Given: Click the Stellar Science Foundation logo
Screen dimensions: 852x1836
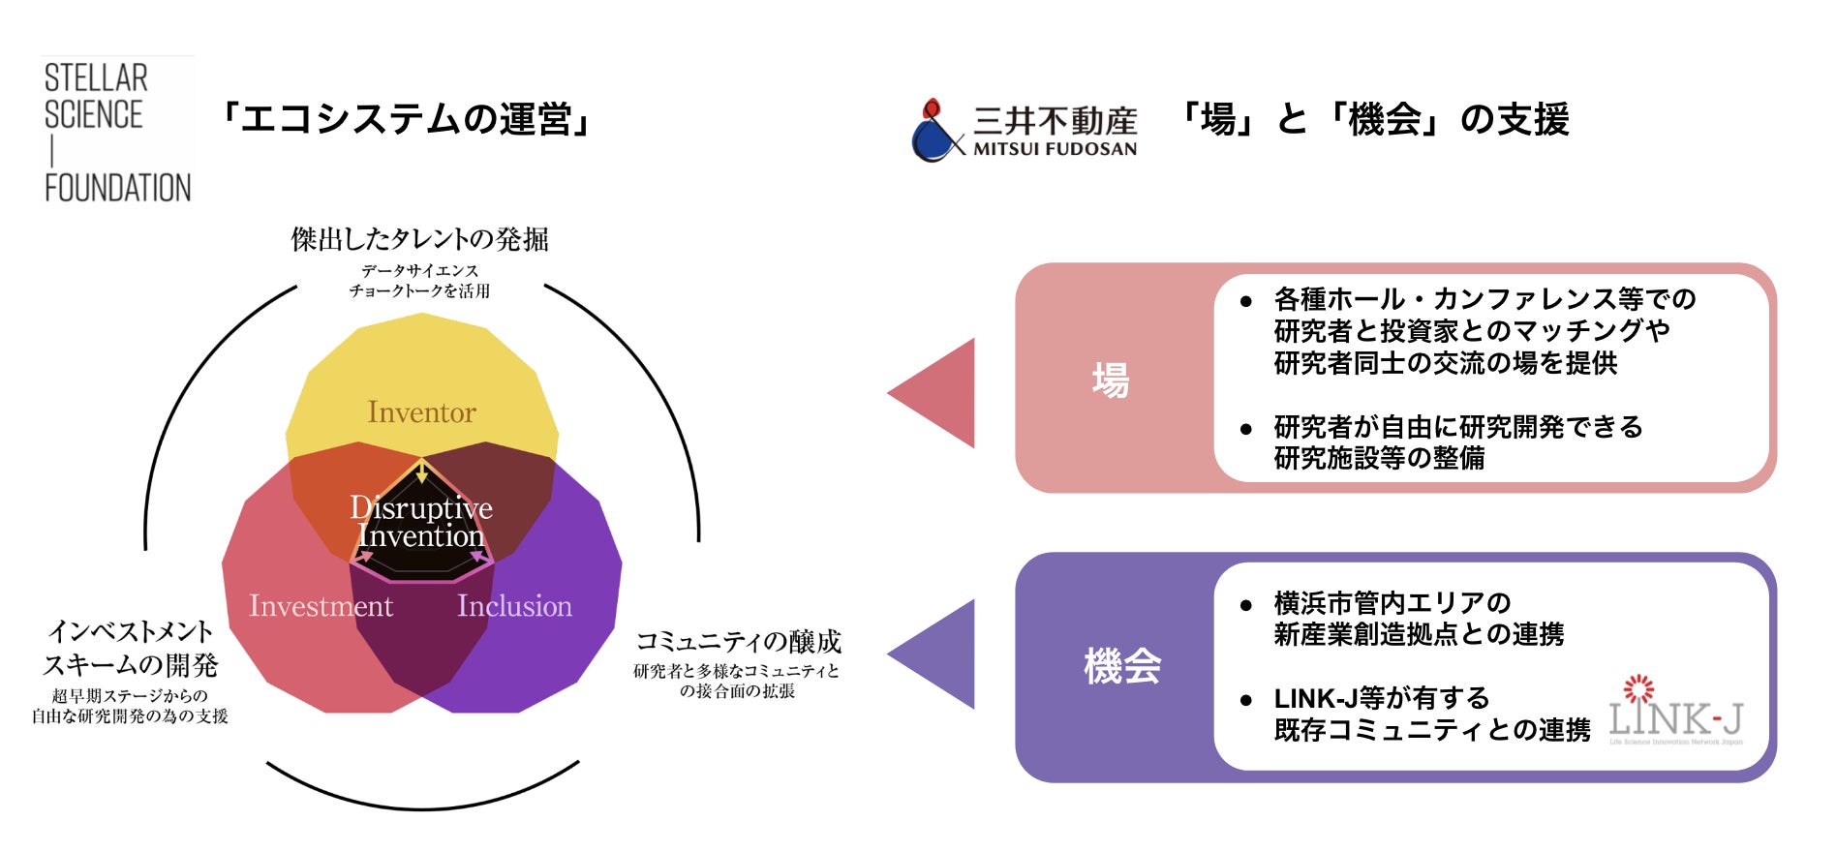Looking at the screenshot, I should [x=117, y=132].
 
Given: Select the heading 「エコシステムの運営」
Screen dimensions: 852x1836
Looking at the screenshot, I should [x=405, y=120].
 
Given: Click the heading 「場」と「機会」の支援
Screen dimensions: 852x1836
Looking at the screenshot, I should [x=1373, y=120].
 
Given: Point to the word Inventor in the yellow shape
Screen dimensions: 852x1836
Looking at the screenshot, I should [x=421, y=412].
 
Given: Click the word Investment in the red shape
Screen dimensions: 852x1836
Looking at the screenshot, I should [x=321, y=606].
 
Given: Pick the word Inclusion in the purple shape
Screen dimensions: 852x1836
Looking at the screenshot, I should [x=514, y=606].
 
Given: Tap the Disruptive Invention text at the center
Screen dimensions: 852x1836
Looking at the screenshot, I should [x=421, y=522].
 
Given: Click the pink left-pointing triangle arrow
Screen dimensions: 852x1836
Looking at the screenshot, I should [x=937, y=393].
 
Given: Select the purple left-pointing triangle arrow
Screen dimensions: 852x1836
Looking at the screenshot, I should [x=937, y=654].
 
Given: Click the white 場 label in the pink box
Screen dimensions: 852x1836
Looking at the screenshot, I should [x=1111, y=380].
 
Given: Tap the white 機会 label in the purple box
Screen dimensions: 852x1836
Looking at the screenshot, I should [x=1122, y=667].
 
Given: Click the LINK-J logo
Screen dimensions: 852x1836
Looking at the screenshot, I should [x=1675, y=712].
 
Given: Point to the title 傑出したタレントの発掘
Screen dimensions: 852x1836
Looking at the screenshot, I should [x=420, y=239].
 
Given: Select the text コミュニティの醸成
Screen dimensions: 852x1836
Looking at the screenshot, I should [x=738, y=642].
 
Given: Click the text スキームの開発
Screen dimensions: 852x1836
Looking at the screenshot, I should [x=131, y=665].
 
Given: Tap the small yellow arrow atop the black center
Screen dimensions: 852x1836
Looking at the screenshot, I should [x=422, y=472].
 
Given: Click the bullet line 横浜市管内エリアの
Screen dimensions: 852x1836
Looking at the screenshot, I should [x=1392, y=603].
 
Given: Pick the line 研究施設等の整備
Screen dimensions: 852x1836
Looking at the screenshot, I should [x=1379, y=458].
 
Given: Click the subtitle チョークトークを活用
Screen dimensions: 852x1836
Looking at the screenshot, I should [x=420, y=290].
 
